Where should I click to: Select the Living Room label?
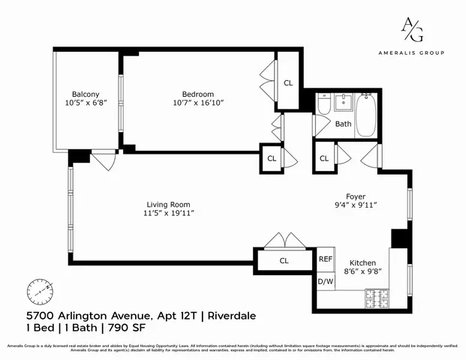pos(167,204)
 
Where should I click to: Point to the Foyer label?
pos(356,196)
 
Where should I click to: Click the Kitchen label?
pos(359,262)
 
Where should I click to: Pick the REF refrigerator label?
pos(326,259)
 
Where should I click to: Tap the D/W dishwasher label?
pos(326,281)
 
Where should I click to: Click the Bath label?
pos(343,124)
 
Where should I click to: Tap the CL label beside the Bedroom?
pos(288,82)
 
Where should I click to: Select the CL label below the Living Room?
pos(284,261)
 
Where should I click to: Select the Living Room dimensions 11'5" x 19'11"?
pos(167,214)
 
